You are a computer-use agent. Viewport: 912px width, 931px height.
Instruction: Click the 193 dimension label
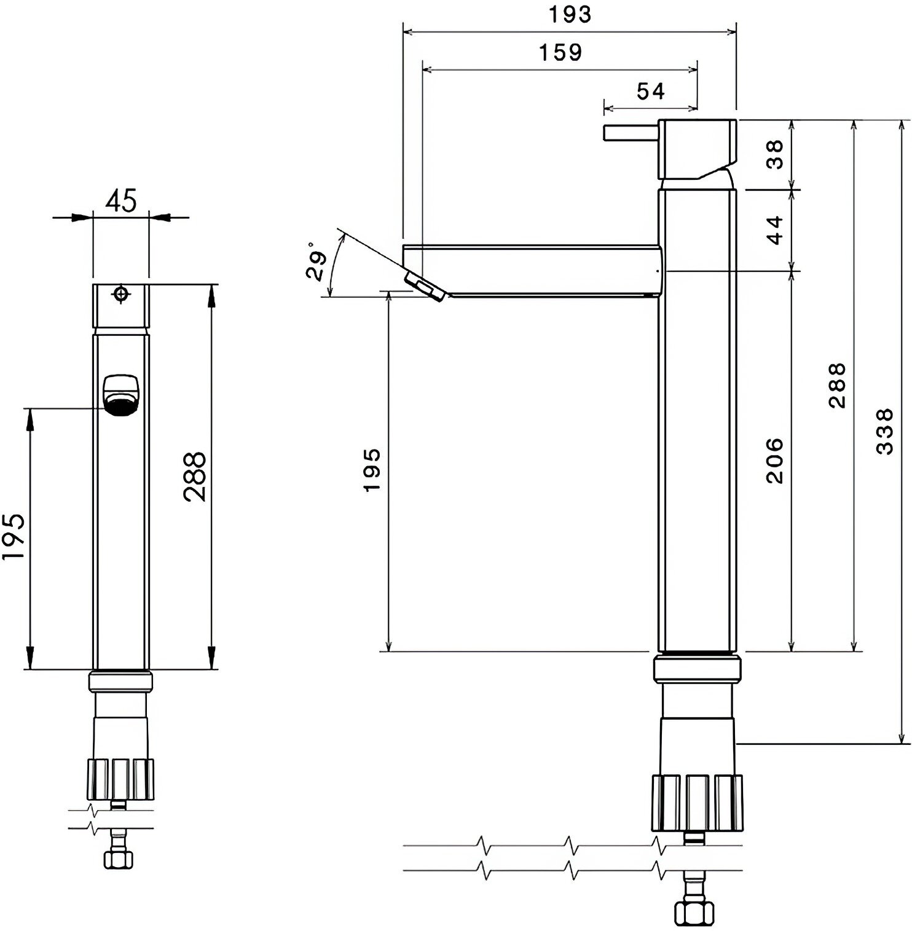570,14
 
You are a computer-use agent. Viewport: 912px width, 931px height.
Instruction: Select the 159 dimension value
560,52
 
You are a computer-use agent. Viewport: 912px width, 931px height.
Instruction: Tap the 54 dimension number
650,91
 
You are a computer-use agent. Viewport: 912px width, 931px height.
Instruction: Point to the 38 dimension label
776,154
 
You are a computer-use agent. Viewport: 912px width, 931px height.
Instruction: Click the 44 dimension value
776,230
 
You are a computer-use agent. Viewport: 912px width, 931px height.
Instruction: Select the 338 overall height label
884,431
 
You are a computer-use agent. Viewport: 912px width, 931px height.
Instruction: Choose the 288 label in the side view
837,385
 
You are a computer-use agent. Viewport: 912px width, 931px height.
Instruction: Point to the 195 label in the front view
13,536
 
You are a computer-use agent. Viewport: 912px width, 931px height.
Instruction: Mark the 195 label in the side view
371,470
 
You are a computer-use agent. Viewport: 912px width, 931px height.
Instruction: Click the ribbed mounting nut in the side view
696,803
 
